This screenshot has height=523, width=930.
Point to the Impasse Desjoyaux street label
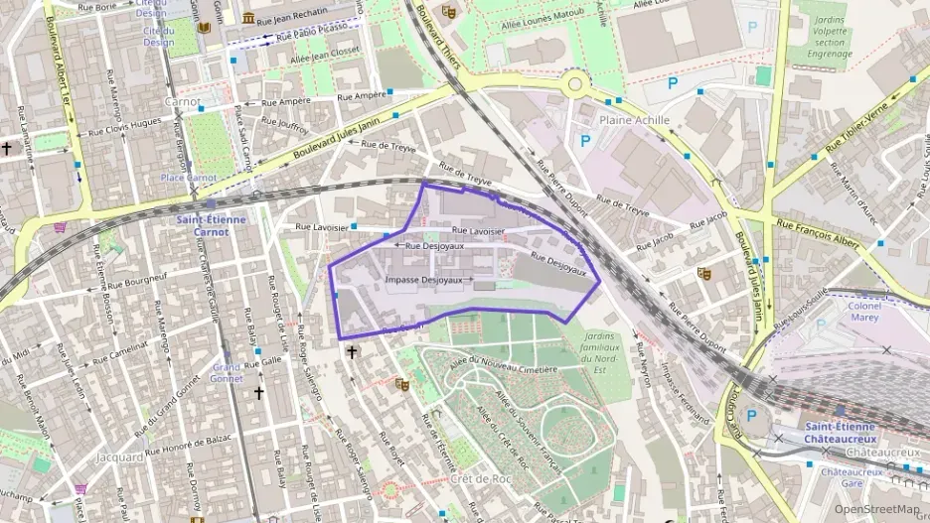tap(423, 281)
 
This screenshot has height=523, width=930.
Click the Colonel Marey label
tap(864, 312)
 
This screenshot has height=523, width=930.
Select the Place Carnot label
tap(189, 178)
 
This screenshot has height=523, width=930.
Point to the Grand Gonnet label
tap(227, 373)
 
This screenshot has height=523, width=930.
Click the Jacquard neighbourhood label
tap(121, 458)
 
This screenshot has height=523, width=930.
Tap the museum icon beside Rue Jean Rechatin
tap(246, 19)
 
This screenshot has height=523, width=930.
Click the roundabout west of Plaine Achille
tap(575, 83)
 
